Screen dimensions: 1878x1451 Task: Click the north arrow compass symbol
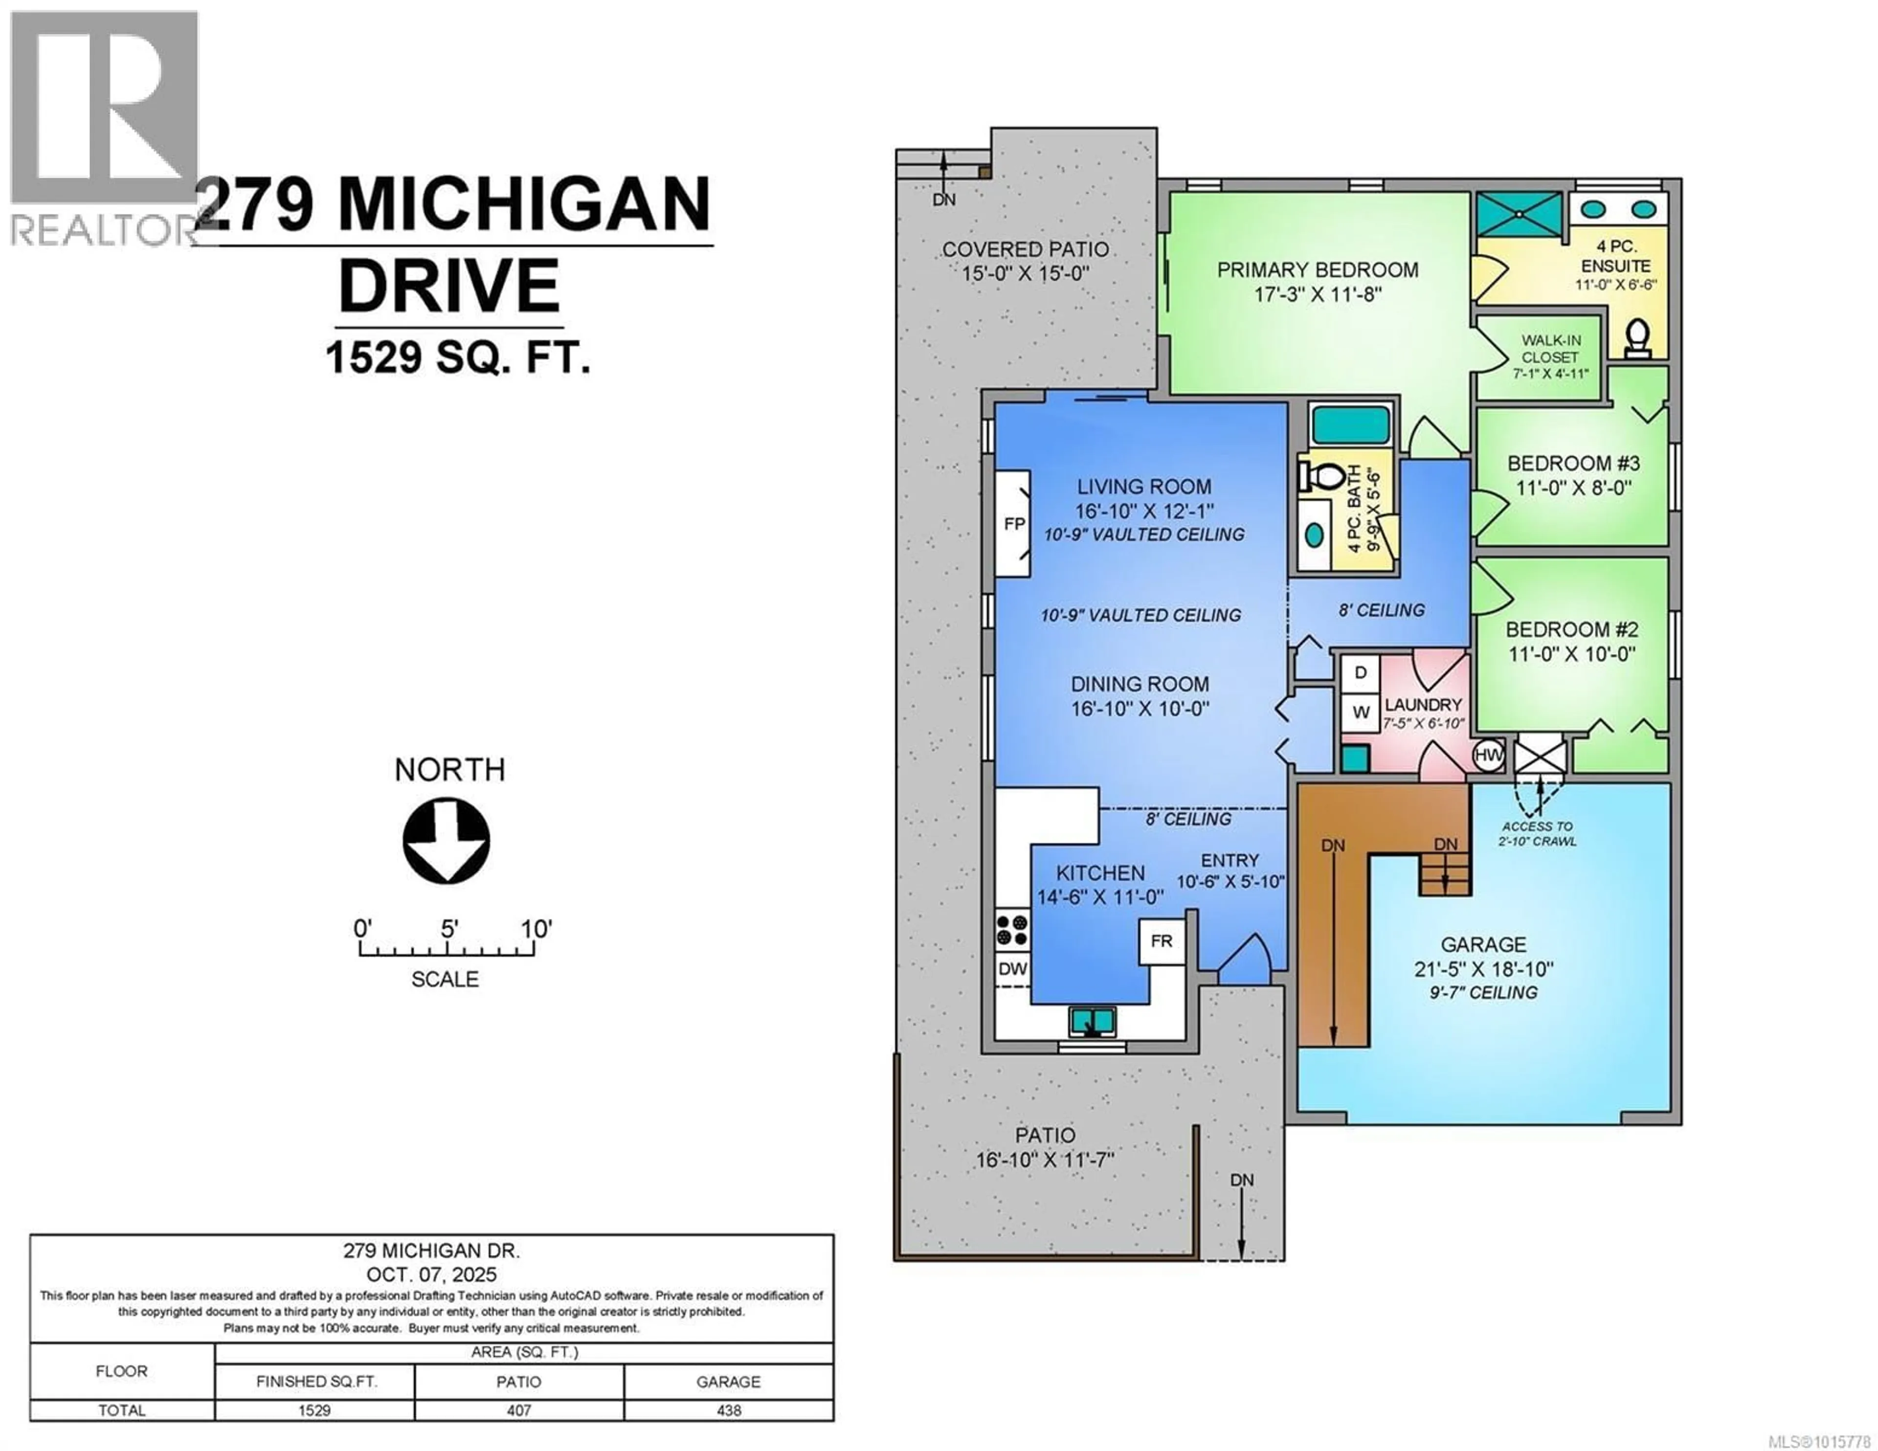tap(447, 840)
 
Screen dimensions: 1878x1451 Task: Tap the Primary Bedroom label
tap(1318, 270)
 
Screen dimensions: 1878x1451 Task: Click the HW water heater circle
tap(1489, 755)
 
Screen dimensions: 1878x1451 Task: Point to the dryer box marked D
tap(1361, 672)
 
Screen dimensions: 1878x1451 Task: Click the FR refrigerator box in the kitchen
tap(1162, 941)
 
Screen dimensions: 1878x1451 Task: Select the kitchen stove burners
tap(1012, 930)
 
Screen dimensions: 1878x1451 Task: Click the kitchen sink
tap(1093, 1022)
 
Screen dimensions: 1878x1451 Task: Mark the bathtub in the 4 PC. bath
tap(1350, 425)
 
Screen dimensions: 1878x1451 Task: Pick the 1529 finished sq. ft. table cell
tap(315, 1410)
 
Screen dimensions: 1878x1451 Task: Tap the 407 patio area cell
tap(519, 1410)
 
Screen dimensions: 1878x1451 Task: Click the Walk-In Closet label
tap(1550, 348)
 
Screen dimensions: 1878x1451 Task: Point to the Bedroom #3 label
tap(1574, 464)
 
